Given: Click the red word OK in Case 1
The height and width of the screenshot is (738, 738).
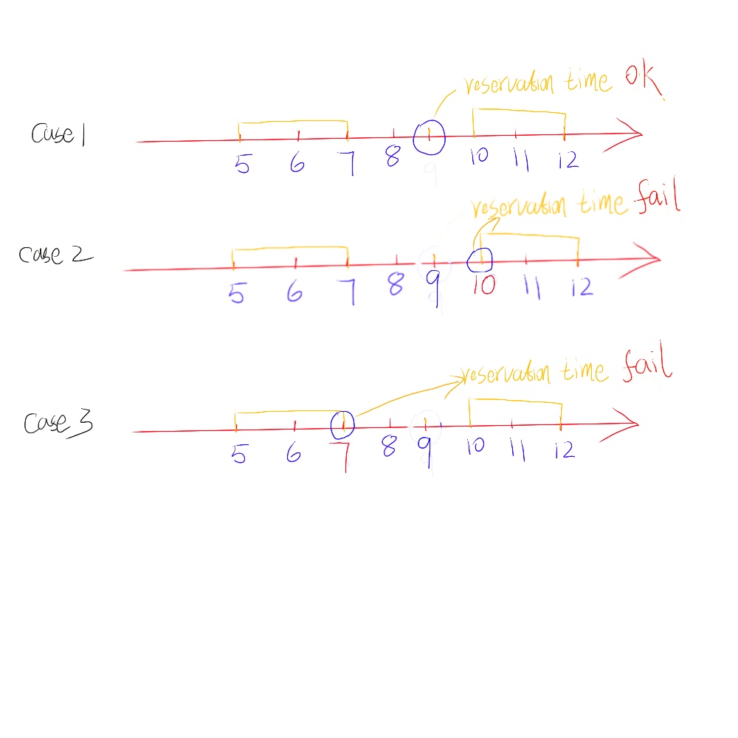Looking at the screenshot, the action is click(x=643, y=82).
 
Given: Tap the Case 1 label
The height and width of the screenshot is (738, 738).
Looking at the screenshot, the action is click(x=58, y=134).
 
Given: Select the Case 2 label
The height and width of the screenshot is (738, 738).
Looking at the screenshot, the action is click(x=55, y=255).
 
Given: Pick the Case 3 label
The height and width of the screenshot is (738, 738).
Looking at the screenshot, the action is click(x=58, y=424).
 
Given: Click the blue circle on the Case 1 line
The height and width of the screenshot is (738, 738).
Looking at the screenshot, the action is click(x=429, y=137).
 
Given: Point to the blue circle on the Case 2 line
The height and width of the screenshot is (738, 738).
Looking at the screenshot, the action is click(x=480, y=258).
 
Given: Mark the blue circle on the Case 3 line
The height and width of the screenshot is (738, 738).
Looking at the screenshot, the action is click(x=343, y=424).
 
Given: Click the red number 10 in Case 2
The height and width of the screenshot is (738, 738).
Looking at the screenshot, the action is click(x=483, y=285).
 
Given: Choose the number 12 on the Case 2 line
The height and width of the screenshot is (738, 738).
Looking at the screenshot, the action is click(x=582, y=287).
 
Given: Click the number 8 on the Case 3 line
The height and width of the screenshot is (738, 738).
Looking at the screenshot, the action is click(x=390, y=447).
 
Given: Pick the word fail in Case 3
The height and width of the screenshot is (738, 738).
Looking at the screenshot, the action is click(x=647, y=366).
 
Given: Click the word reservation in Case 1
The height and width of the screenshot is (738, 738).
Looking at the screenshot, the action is click(x=508, y=83).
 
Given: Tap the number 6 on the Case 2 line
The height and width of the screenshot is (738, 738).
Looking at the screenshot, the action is click(x=294, y=293).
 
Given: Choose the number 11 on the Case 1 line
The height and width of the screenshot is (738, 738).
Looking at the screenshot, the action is click(x=521, y=161).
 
